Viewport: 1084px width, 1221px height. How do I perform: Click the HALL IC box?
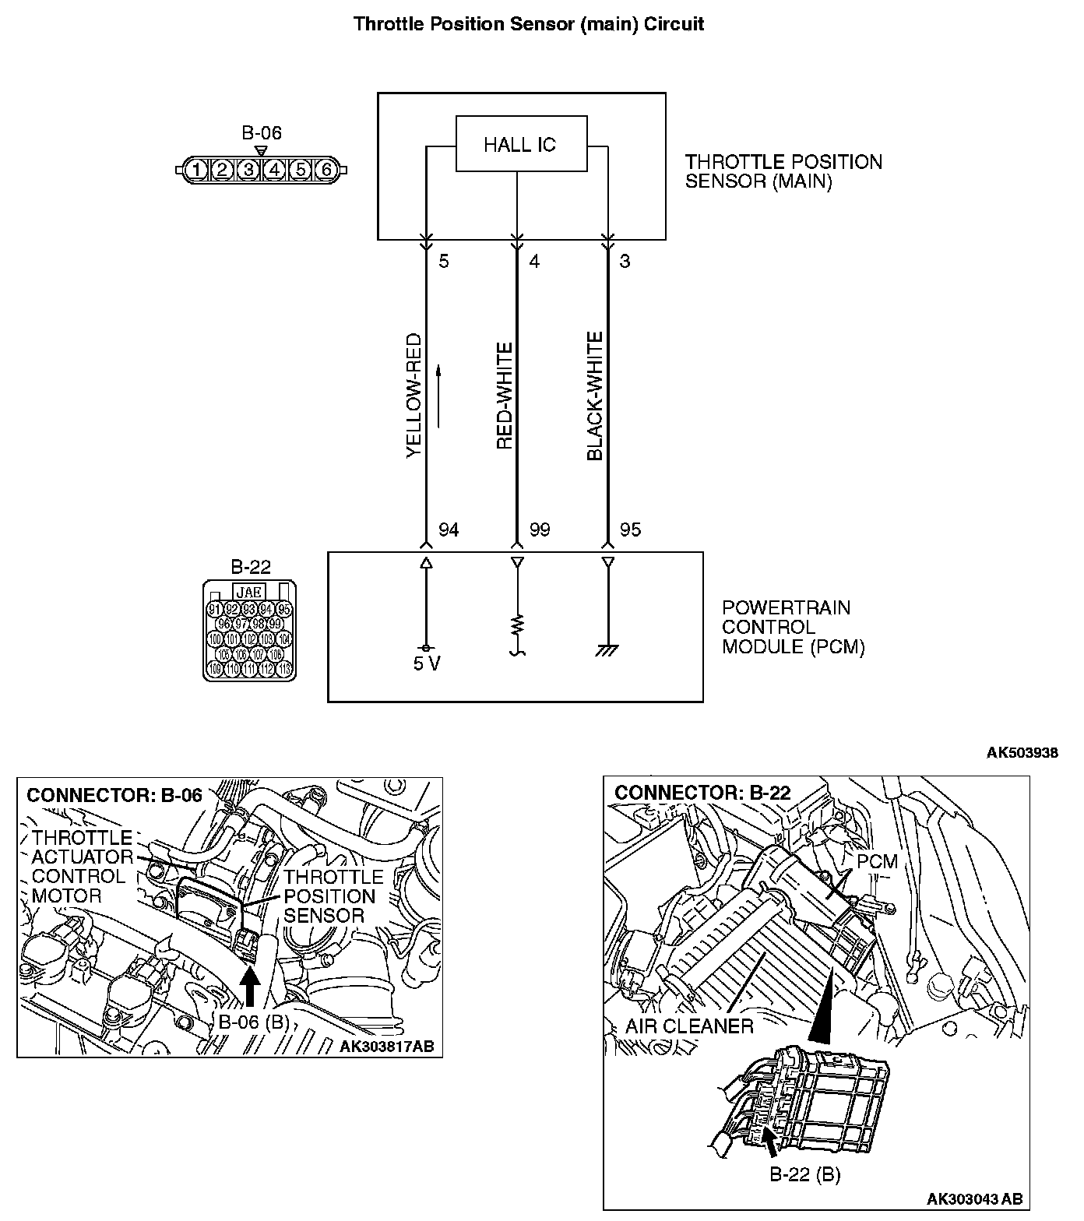[x=521, y=144]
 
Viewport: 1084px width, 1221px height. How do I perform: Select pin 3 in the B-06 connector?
[x=248, y=169]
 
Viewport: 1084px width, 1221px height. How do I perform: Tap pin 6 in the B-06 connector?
[x=326, y=169]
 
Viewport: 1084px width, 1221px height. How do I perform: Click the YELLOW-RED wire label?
[x=414, y=396]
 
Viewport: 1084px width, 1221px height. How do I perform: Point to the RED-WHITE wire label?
[x=505, y=396]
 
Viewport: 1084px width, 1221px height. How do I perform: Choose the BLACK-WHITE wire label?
[x=595, y=396]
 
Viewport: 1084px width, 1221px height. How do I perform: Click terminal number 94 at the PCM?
[x=449, y=530]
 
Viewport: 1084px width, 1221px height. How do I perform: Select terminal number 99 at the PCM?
[x=540, y=530]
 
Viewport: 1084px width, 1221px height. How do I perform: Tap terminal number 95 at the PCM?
[x=630, y=530]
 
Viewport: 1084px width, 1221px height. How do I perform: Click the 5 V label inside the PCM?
[x=426, y=665]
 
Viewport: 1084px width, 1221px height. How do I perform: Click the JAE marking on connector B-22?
[x=249, y=593]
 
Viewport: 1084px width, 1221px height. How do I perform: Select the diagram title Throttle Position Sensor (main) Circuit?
[x=529, y=23]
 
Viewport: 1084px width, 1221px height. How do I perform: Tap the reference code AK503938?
[x=1022, y=753]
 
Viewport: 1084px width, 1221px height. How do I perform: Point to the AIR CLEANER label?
[x=689, y=1026]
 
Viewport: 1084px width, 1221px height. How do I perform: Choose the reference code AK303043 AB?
[x=974, y=1198]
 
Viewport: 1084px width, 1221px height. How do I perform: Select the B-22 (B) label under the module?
[x=804, y=1174]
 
